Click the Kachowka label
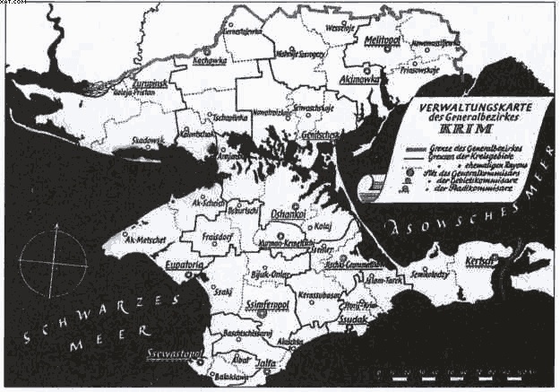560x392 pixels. pyautogui.click(x=209, y=62)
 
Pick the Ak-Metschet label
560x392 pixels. pyautogui.click(x=143, y=239)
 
